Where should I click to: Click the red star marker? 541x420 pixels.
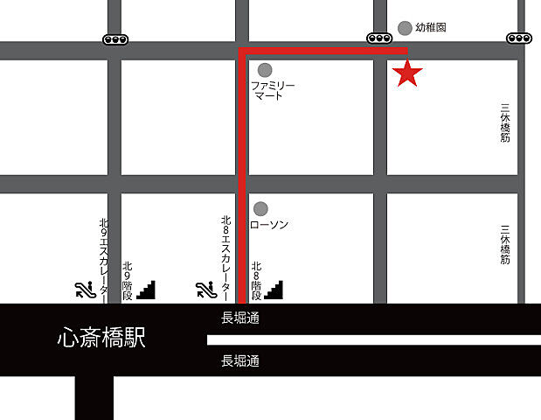pyautogui.click(x=407, y=74)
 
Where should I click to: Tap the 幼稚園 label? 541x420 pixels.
pyautogui.click(x=431, y=28)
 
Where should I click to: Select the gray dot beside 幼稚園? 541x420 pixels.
pyautogui.click(x=405, y=28)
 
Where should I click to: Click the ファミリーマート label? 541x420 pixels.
pyautogui.click(x=274, y=90)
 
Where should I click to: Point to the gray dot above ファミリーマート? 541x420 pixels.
pyautogui.click(x=265, y=69)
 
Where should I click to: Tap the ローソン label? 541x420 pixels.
pyautogui.click(x=269, y=225)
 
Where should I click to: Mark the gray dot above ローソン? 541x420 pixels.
pyautogui.click(x=260, y=208)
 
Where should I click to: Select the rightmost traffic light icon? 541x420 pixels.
pyautogui.click(x=518, y=38)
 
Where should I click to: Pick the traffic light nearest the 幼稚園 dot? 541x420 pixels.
pyautogui.click(x=379, y=38)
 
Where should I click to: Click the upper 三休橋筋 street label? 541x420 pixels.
pyautogui.click(x=505, y=124)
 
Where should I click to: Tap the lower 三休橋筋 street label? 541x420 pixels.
pyautogui.click(x=505, y=244)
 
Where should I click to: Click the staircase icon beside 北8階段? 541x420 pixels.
pyautogui.click(x=275, y=288)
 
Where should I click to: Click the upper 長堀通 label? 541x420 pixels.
pyautogui.click(x=240, y=318)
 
